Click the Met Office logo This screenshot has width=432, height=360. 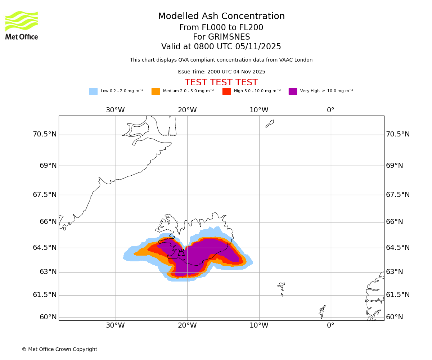tap(22, 25)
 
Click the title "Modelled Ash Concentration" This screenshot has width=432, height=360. tap(221, 17)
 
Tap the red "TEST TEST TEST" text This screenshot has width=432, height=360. tap(221, 83)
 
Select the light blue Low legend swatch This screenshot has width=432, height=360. tap(93, 91)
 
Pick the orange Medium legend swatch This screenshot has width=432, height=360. tap(156, 91)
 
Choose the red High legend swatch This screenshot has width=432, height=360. tap(226, 91)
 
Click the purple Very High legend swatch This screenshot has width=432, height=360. tap(293, 91)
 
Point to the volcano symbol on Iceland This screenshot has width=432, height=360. tap(181, 252)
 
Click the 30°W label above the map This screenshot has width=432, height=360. tap(115, 110)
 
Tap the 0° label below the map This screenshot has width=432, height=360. tap(330, 325)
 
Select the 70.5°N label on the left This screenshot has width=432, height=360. tap(45, 134)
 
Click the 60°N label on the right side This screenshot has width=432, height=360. tap(395, 317)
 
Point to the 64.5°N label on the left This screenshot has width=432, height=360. tap(45, 248)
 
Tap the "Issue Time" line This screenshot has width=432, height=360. tap(221, 72)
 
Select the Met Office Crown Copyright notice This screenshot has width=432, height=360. tap(59, 350)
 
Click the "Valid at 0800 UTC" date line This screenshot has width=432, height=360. tap(221, 47)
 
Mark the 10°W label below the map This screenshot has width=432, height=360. tap(259, 325)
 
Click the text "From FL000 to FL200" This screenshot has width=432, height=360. tap(221, 28)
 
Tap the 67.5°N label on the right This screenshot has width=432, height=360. tap(398, 195)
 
